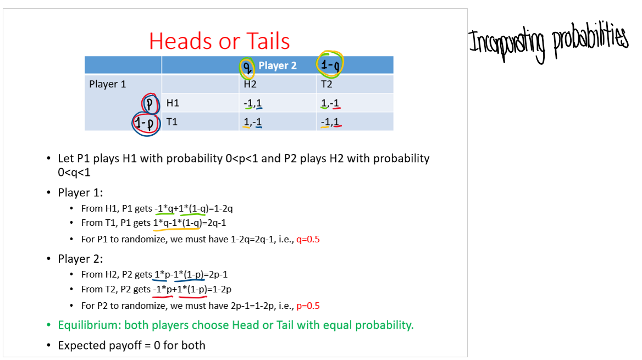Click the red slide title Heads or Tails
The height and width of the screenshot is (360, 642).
pyautogui.click(x=219, y=42)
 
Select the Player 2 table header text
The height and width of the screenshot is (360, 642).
pyautogui.click(x=278, y=65)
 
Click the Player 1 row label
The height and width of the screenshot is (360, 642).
pyautogui.click(x=107, y=84)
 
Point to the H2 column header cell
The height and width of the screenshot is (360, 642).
pyautogui.click(x=250, y=84)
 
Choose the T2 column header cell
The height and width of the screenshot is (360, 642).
pyautogui.click(x=326, y=84)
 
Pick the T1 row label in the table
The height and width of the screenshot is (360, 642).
pyautogui.click(x=172, y=121)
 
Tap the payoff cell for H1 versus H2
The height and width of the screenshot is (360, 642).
pyautogui.click(x=252, y=103)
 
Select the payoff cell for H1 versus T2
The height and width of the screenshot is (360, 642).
pyautogui.click(x=330, y=103)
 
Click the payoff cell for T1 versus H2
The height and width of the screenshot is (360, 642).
pyautogui.click(x=252, y=121)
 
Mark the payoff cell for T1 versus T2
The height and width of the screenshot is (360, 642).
pyautogui.click(x=330, y=121)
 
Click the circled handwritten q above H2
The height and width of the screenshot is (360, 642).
pyautogui.click(x=247, y=67)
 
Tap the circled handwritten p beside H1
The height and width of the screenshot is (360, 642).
pyautogui.click(x=150, y=103)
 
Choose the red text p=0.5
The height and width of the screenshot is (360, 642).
pyautogui.click(x=308, y=306)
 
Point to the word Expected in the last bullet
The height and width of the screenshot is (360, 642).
pyautogui.click(x=81, y=345)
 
